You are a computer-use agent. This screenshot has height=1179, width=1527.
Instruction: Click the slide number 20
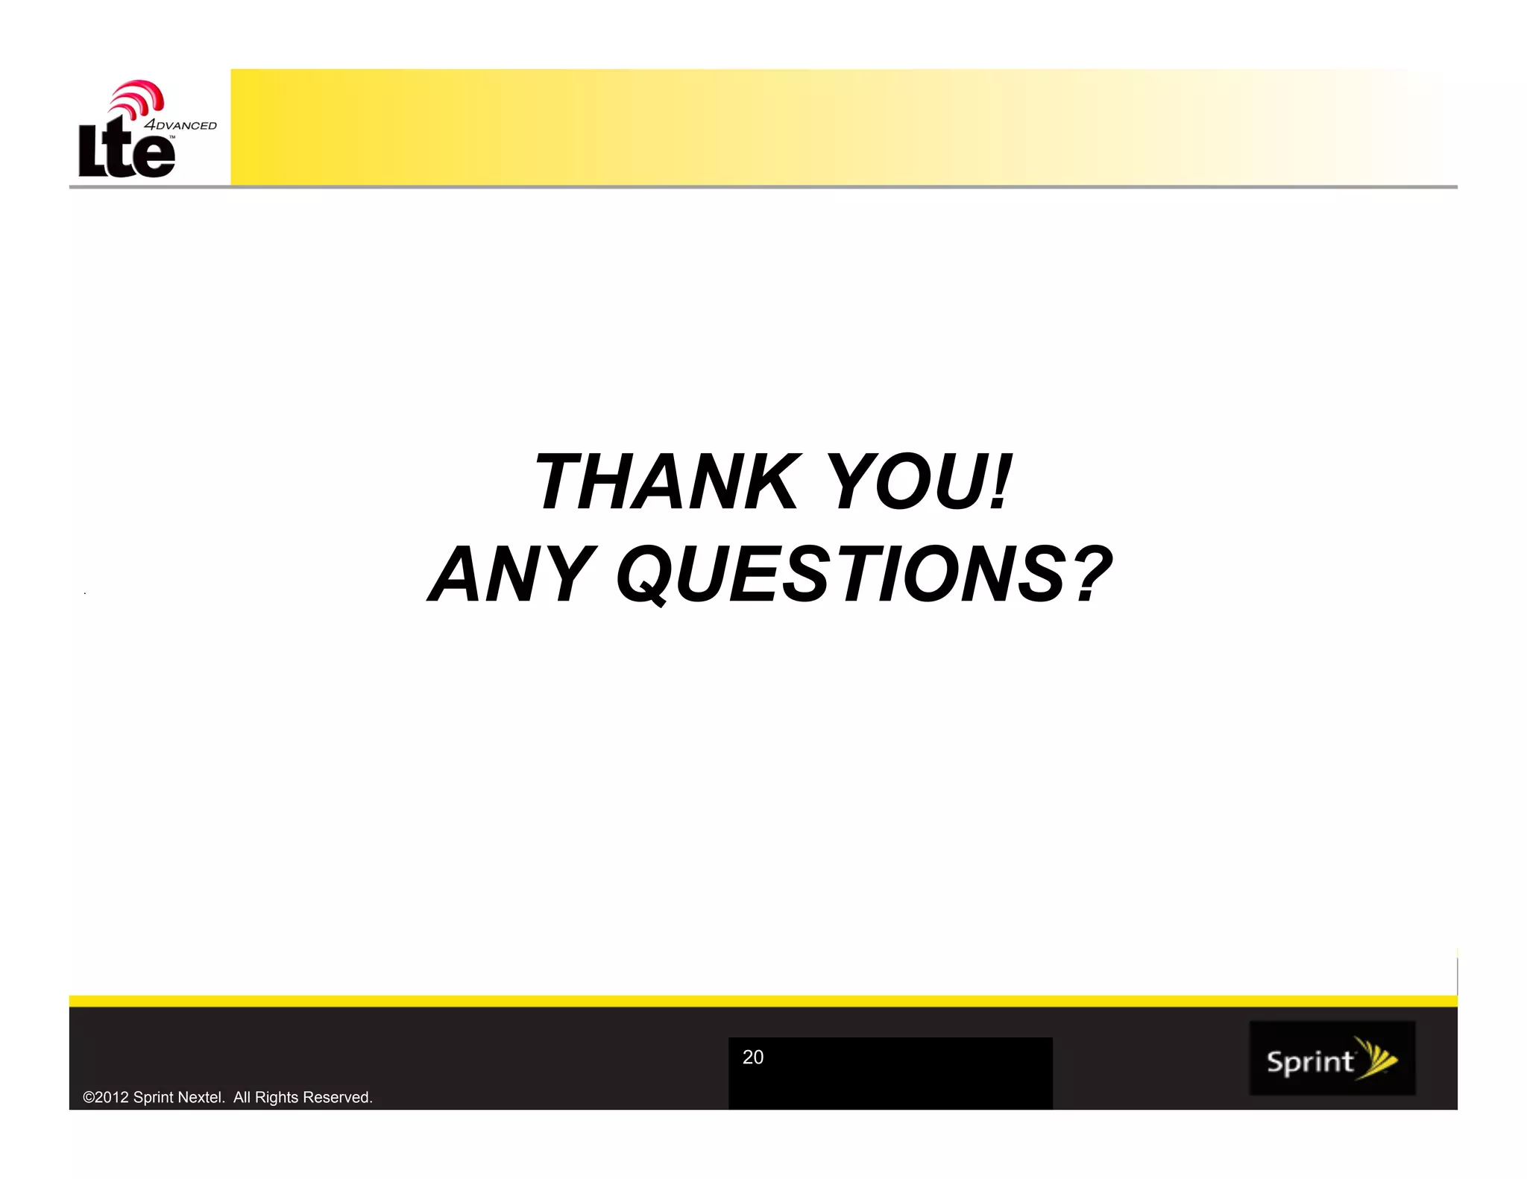click(x=753, y=1057)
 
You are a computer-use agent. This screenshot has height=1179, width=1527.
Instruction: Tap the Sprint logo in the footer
click(x=1332, y=1058)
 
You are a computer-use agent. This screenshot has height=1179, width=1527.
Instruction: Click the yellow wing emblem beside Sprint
click(x=1376, y=1058)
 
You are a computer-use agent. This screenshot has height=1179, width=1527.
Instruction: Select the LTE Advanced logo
click(x=142, y=130)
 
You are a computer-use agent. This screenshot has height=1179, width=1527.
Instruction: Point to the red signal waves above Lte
click(x=139, y=97)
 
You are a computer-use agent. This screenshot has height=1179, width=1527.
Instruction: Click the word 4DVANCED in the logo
click(x=180, y=125)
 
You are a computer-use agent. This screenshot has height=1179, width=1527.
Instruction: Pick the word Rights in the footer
click(x=277, y=1097)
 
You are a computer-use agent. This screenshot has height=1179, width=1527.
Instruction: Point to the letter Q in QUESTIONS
click(x=645, y=575)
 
